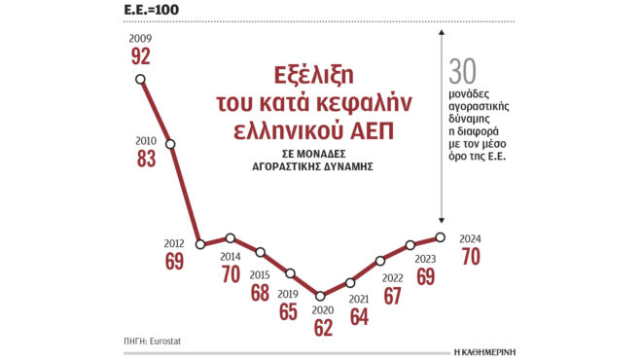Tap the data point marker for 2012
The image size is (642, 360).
pyautogui.click(x=199, y=244)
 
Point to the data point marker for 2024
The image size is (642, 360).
pyautogui.click(x=441, y=236)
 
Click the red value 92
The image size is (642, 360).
pyautogui.click(x=140, y=57)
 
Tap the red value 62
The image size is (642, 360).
pyautogui.click(x=322, y=328)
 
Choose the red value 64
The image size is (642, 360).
pyautogui.click(x=359, y=316)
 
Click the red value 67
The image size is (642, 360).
pyautogui.click(x=392, y=296)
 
